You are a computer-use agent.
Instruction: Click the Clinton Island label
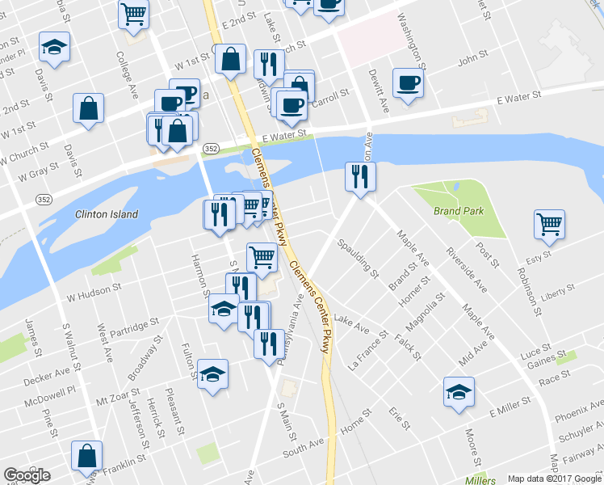coord(107,215)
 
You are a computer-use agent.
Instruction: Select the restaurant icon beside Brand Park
coord(359,175)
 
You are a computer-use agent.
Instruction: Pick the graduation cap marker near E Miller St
coord(459,393)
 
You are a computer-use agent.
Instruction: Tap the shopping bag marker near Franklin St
coord(86,456)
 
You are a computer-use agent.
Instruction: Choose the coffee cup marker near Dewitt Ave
coord(408,82)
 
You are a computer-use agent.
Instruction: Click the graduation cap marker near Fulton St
coord(212,373)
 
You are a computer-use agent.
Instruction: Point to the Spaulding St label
coord(358,257)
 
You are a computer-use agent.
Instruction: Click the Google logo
coord(27,475)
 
